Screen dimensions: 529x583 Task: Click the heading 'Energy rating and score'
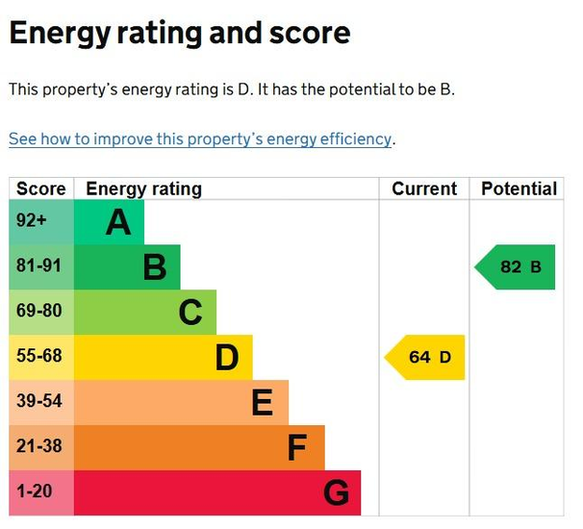tap(180, 35)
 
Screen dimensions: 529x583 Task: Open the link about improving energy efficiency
tap(200, 139)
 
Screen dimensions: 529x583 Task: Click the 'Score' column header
tap(41, 189)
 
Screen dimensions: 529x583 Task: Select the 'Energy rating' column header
tap(143, 189)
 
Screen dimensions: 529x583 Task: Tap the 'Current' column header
tap(424, 189)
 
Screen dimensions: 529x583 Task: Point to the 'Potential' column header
tap(519, 189)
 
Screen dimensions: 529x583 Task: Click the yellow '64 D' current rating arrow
tap(427, 358)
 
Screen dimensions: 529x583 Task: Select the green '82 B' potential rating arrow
tap(518, 267)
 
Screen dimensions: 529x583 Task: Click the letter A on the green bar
tap(117, 223)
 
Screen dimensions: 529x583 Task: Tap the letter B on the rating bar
tap(154, 267)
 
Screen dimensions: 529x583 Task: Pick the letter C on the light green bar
tap(190, 313)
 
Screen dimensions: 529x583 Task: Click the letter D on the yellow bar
tap(226, 358)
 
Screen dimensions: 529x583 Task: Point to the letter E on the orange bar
tap(262, 403)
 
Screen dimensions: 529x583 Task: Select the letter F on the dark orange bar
tap(297, 448)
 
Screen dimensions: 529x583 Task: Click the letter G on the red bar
tap(335, 493)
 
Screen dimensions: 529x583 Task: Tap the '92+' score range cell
tap(32, 221)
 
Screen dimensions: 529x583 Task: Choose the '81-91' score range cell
tap(39, 266)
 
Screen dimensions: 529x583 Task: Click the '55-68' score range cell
tap(39, 357)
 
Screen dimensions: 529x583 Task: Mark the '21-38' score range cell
tap(39, 447)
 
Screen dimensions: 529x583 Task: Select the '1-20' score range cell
tap(35, 492)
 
